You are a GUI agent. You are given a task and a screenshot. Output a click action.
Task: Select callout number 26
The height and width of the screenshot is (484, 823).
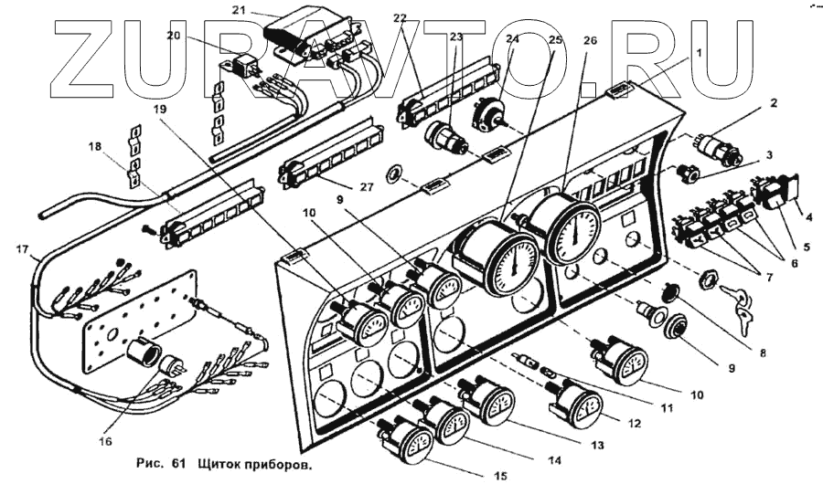click(x=590, y=41)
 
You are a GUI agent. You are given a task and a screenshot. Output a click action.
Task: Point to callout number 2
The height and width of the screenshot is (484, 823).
click(x=773, y=104)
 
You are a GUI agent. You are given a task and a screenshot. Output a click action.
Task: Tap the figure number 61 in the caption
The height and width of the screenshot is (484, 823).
click(x=177, y=464)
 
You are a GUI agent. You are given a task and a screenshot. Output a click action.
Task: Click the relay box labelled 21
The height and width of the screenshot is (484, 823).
click(x=306, y=34)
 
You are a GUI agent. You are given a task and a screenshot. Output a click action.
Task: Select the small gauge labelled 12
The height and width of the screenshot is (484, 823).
click(x=575, y=405)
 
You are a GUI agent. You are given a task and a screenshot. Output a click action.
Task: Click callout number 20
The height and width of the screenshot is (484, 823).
click(x=173, y=36)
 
